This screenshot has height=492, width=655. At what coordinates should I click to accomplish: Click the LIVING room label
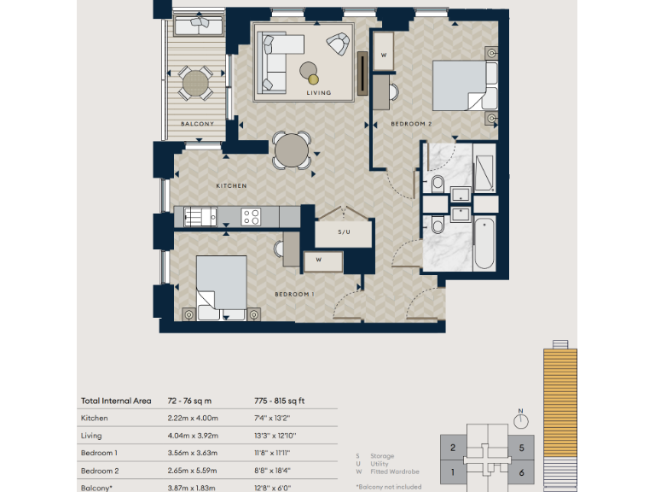318,92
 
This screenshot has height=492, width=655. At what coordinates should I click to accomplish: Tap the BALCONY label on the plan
196,125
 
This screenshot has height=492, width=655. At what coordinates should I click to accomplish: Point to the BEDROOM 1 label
294,294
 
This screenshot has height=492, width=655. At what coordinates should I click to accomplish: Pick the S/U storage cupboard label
344,231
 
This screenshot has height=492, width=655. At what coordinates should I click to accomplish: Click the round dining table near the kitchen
292,150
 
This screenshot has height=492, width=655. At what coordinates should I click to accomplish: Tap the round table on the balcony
196,84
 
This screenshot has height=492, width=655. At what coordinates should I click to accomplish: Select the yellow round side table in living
313,79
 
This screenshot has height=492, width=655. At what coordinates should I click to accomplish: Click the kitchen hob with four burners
251,217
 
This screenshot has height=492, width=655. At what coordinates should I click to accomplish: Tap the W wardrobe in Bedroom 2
384,56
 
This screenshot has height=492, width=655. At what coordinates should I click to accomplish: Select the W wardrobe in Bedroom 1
317,260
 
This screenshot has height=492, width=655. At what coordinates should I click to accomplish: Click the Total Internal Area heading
115,399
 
